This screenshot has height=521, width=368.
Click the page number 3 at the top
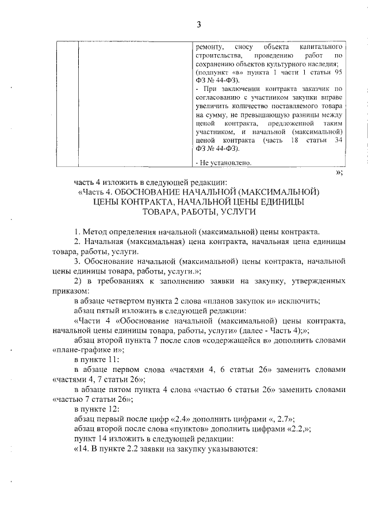(198, 25)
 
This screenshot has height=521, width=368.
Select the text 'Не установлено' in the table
(225, 163)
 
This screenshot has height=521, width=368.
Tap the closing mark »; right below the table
(339, 172)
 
